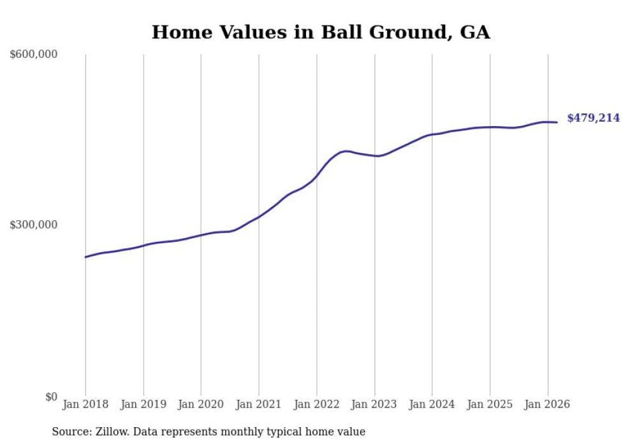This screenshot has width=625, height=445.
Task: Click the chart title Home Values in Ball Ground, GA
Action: tap(321, 32)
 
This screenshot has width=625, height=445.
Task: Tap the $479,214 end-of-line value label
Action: tap(593, 118)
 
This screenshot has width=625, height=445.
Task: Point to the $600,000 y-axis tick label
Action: tap(34, 55)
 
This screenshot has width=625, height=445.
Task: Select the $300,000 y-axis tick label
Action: tap(34, 225)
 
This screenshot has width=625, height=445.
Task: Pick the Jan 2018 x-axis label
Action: tap(85, 404)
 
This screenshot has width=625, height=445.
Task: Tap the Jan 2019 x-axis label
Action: tap(143, 404)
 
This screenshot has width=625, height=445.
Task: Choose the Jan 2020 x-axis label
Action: tap(201, 404)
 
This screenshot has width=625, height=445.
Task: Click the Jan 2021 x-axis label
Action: tap(259, 404)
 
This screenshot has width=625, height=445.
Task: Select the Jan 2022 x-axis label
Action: tap(316, 404)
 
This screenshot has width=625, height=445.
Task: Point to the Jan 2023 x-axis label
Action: tap(374, 404)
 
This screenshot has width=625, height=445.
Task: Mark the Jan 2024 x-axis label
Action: tap(432, 404)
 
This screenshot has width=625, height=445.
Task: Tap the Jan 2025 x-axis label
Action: tap(490, 404)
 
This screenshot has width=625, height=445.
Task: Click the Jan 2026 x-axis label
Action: tap(547, 404)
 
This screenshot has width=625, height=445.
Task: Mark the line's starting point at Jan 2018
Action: tap(85, 257)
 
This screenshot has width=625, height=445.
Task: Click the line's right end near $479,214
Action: tap(557, 122)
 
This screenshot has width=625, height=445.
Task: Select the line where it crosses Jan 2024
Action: tap(432, 134)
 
